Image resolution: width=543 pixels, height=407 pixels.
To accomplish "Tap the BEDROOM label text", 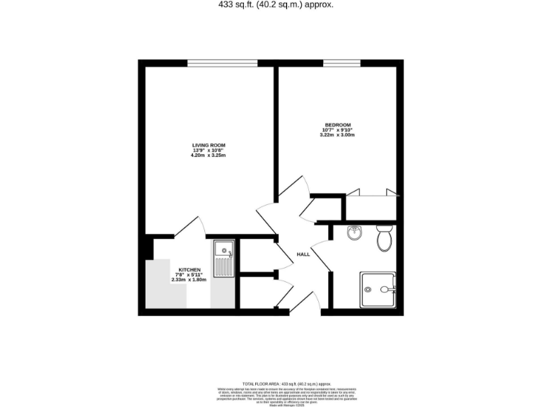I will tap(337, 125).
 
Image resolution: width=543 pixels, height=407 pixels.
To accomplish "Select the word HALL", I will tap(303, 254).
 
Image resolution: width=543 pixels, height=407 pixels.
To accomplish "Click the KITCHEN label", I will tap(189, 270).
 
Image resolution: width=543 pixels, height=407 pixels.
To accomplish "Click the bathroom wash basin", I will tap(355, 233).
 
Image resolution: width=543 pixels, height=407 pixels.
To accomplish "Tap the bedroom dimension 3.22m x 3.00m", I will tap(337, 134).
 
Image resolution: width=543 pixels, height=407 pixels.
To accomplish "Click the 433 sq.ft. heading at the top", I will tap(272, 5).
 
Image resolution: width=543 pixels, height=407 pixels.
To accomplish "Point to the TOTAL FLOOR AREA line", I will tap(271, 382).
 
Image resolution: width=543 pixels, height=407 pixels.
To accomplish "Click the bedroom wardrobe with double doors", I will tap(372, 205).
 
